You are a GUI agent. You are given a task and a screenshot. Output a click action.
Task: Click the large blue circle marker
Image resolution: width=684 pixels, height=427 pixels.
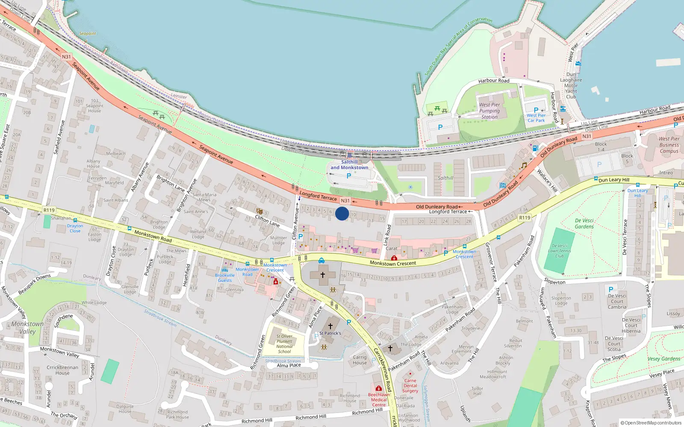342,213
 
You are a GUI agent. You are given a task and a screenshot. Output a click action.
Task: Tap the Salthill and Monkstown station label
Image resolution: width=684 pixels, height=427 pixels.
349,165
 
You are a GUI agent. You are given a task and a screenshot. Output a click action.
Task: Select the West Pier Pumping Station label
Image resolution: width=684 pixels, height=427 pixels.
489,111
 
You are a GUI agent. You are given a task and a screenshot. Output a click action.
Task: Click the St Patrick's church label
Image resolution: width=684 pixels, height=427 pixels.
330,333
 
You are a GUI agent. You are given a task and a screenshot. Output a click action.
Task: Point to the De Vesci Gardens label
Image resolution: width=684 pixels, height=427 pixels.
584,224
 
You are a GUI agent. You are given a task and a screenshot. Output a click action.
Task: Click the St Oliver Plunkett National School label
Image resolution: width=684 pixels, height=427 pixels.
284,344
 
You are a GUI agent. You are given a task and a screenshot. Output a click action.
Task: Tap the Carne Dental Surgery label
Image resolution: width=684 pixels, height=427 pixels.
410,386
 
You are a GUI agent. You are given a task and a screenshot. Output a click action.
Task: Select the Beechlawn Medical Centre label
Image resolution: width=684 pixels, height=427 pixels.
379,400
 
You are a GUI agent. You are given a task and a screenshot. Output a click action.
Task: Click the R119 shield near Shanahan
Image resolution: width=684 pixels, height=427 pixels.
49,210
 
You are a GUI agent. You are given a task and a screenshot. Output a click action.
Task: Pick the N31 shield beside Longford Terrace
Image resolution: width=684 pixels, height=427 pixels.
345,201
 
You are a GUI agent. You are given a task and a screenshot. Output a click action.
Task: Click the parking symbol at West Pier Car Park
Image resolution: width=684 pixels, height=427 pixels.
536,110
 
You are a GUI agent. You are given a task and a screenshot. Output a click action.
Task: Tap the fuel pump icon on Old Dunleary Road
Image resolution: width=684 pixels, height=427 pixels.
535,148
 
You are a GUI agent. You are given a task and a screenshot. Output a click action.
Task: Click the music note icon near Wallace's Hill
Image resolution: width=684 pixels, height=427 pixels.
523,165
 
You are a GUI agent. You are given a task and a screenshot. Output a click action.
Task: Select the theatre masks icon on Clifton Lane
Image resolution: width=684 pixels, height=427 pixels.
259,211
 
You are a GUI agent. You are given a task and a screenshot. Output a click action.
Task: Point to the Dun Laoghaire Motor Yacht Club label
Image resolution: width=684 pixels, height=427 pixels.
571,85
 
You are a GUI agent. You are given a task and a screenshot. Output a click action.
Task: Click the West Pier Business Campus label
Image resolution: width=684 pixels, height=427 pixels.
669,145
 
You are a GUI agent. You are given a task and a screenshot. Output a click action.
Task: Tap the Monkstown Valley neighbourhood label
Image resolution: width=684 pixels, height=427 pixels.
27,328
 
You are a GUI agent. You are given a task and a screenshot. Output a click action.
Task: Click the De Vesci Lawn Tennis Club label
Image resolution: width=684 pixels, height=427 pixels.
559,251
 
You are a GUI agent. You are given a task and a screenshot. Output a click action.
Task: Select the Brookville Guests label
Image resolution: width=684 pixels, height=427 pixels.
225,278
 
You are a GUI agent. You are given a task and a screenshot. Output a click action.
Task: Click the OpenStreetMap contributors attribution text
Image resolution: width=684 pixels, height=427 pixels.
651,423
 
